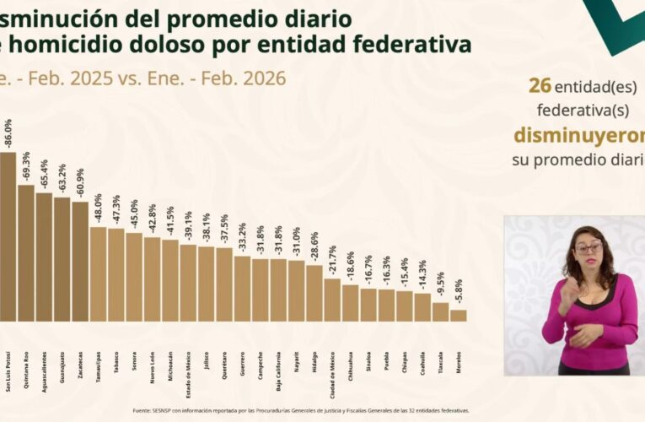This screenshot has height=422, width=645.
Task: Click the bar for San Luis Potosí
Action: [x=7, y=236]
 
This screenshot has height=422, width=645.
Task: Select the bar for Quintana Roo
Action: [x=26, y=253]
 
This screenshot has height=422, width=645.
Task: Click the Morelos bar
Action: [x=458, y=316]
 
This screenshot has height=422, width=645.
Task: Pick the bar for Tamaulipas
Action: [x=98, y=274]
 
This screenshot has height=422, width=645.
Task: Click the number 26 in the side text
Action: [x=540, y=86]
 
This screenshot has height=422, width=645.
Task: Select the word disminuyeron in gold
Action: [x=578, y=136]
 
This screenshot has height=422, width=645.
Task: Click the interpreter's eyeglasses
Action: [x=589, y=248]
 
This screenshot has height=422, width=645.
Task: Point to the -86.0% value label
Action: [x=8, y=134]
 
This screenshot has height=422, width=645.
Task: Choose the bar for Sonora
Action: [x=134, y=277]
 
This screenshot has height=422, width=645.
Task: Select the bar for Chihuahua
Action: [x=350, y=302]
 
